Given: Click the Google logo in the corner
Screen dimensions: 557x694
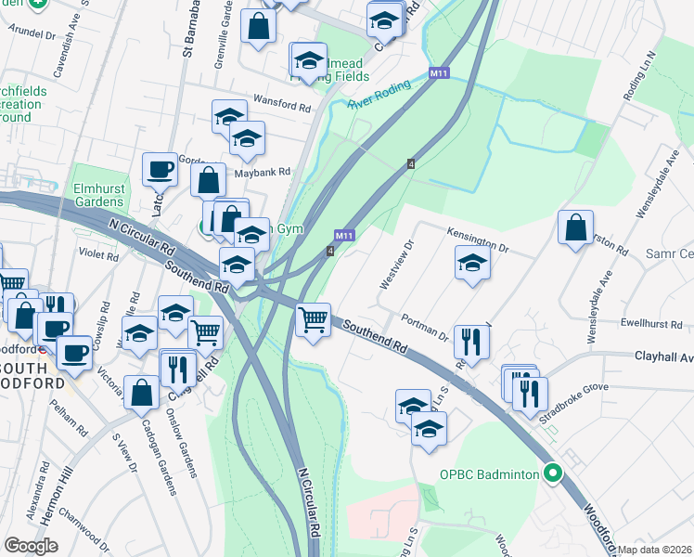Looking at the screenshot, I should [x=32, y=546].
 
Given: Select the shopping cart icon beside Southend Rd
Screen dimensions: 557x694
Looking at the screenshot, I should [x=314, y=321].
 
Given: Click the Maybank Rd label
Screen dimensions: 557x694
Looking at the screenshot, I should [x=263, y=173].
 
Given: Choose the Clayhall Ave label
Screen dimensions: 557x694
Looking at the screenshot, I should [x=663, y=356].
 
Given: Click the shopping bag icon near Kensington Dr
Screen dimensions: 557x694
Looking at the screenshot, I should [x=575, y=227].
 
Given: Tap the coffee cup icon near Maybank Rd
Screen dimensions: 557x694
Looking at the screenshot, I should [x=160, y=170].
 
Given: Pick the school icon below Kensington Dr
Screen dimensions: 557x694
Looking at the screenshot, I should [x=473, y=263].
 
